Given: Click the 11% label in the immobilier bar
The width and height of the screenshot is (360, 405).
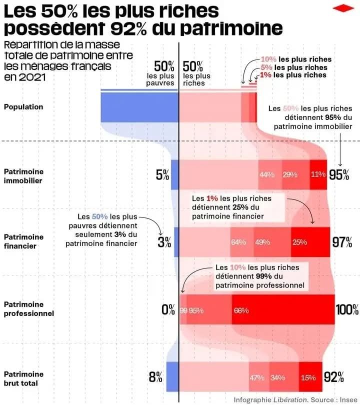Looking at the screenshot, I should (x=317, y=174).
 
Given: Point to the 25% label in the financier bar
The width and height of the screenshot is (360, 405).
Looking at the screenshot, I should (x=299, y=242).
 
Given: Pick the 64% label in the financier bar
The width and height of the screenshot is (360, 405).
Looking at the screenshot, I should (x=238, y=242).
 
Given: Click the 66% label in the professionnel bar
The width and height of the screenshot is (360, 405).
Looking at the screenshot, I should (x=241, y=310).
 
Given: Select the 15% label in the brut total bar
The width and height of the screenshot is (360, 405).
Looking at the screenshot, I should (x=308, y=377).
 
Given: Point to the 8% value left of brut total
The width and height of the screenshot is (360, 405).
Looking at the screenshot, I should (x=155, y=377).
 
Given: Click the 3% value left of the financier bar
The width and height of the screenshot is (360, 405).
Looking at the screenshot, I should (x=164, y=242).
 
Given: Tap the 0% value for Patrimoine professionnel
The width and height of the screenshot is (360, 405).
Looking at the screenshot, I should (x=168, y=309).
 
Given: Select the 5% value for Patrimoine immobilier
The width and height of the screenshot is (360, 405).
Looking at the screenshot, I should (x=162, y=174).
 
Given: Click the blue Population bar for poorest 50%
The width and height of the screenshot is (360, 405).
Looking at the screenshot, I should (x=139, y=106).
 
